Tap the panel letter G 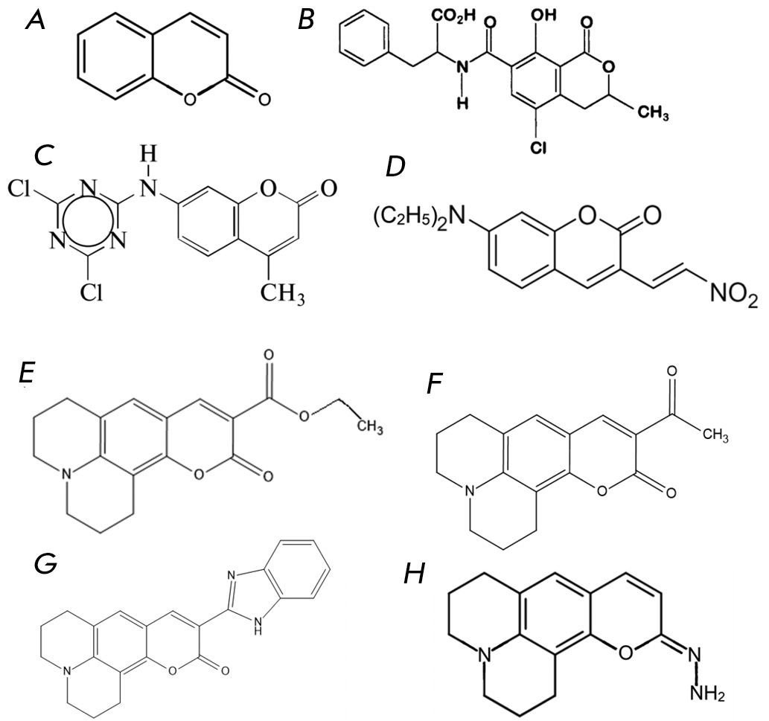45,565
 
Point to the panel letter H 414,576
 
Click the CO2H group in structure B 453,16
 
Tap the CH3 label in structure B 652,113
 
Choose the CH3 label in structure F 715,435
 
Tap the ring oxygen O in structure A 189,100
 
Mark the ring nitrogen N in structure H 485,653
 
